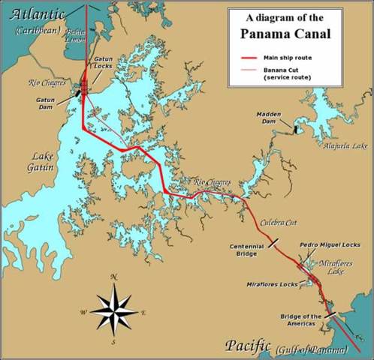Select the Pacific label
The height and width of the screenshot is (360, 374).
pyautogui.click(x=247, y=346)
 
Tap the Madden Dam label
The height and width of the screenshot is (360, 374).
pyautogui.click(x=269, y=117)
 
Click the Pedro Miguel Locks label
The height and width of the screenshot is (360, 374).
pyautogui.click(x=330, y=244)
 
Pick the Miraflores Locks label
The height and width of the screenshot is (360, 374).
pyautogui.click(x=272, y=285)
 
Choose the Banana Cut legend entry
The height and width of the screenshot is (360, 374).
pyautogui.click(x=286, y=73)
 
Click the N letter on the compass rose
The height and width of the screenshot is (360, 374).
pyautogui.click(x=113, y=277)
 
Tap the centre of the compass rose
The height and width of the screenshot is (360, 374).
pyautogui.click(x=113, y=309)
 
